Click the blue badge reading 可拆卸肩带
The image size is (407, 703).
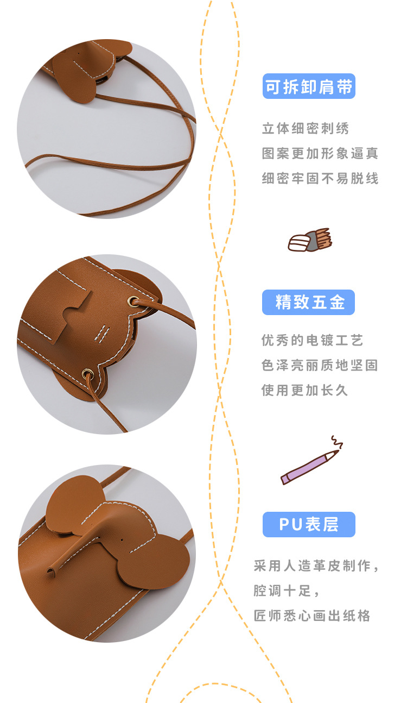[309, 86]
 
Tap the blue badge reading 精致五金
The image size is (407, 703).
[308, 303]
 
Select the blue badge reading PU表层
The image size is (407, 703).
[309, 524]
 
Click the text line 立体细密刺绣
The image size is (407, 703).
[306, 129]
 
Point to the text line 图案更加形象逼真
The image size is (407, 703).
[320, 153]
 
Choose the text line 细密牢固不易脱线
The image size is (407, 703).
[320, 178]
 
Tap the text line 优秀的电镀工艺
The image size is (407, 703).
[312, 341]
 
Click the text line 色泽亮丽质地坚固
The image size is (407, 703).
[319, 365]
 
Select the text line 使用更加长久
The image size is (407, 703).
[304, 390]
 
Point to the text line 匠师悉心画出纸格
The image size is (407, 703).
[312, 616]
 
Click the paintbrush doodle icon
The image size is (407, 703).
[309, 240]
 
